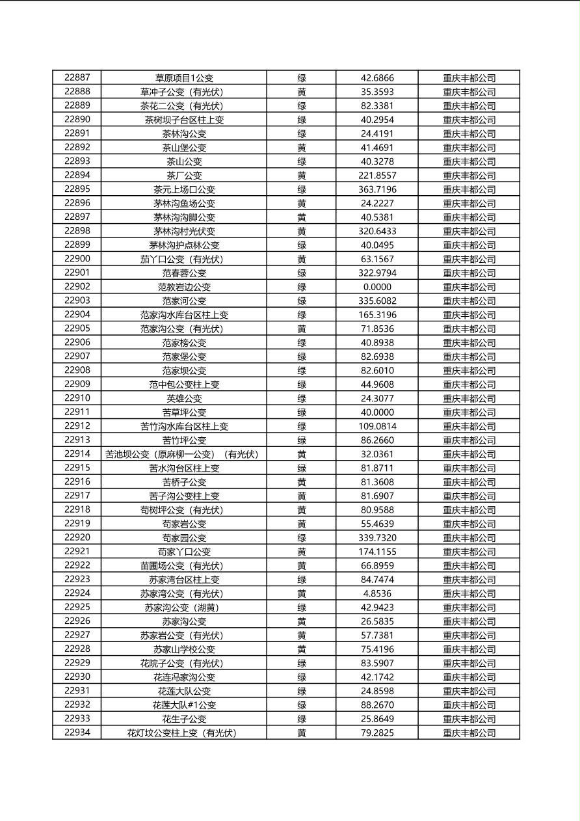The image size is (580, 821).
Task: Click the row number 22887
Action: pyautogui.click(x=77, y=77)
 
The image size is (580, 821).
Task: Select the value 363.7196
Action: pyautogui.click(x=377, y=189)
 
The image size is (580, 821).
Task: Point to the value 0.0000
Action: pyautogui.click(x=377, y=287)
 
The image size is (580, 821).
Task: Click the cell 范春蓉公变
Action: pyautogui.click(x=184, y=273)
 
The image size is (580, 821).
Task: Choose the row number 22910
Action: pyautogui.click(x=77, y=398)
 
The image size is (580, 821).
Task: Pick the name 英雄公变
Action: pyautogui.click(x=184, y=398)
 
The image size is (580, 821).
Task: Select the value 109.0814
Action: pyautogui.click(x=377, y=426)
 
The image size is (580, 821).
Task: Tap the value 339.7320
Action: pyautogui.click(x=377, y=538)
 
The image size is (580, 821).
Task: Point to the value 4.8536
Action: pyautogui.click(x=377, y=593)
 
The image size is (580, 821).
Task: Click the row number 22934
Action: pyautogui.click(x=77, y=733)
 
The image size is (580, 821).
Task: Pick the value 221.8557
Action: pyautogui.click(x=377, y=176)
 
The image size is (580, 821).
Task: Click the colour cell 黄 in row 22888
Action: pyautogui.click(x=302, y=92)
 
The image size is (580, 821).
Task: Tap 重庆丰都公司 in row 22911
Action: pyautogui.click(x=469, y=412)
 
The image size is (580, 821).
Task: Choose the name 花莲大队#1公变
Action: pyautogui.click(x=184, y=705)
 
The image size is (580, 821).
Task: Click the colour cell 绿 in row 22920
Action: pyautogui.click(x=302, y=538)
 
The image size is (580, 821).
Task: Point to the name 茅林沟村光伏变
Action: pyautogui.click(x=184, y=231)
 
